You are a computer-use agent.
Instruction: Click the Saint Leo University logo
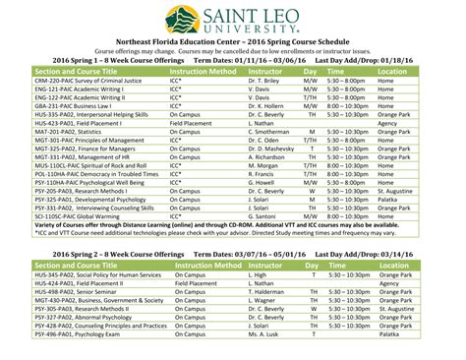232,21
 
